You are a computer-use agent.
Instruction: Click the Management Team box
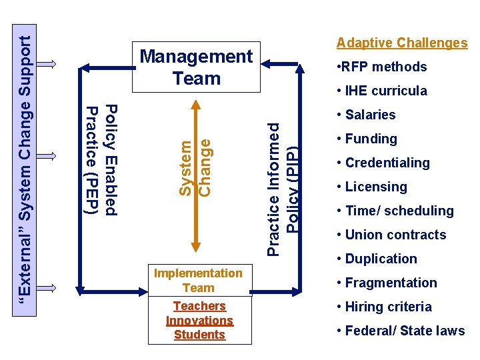196,67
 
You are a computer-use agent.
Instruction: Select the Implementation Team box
198,280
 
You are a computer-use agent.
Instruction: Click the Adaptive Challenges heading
401,43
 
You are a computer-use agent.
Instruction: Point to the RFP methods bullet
382,67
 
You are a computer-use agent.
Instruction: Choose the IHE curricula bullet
382,91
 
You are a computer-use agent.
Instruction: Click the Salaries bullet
367,115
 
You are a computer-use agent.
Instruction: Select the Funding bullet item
367,139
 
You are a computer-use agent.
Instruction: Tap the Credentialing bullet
383,163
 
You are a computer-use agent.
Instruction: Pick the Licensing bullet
372,187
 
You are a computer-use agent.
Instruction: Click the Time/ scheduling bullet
395,211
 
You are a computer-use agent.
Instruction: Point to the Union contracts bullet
391,235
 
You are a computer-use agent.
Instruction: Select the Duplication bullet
377,259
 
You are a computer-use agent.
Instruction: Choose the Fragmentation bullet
387,283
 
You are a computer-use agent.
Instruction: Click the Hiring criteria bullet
385,307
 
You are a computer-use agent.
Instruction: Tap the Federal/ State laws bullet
401,331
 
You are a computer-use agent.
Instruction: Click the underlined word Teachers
199,306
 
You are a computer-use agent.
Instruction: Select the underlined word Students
199,335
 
